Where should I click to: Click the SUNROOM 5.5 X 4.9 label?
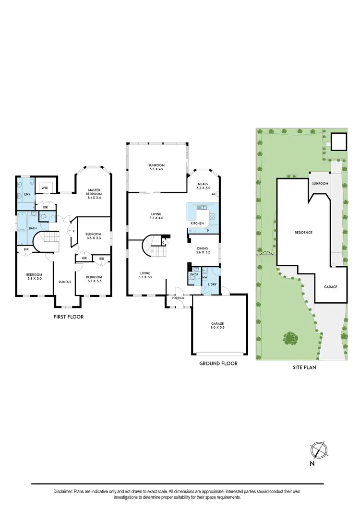click(x=156, y=167)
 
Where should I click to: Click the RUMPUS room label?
click(x=65, y=282)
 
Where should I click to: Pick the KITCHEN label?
click(x=197, y=224)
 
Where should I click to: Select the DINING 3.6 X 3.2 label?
click(x=203, y=250)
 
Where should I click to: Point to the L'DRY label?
click(x=212, y=285)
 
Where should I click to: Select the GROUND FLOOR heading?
click(x=218, y=364)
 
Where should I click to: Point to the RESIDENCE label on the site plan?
click(x=303, y=233)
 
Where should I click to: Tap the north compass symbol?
click(x=318, y=450)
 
